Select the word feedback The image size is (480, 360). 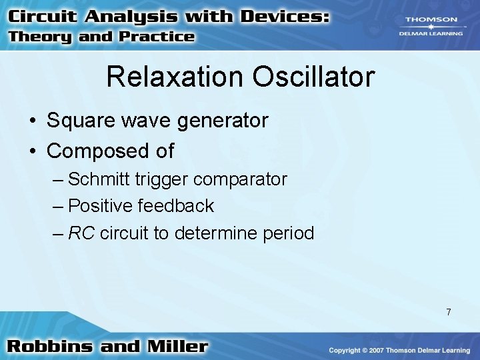[175, 206]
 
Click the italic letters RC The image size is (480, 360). [81, 233]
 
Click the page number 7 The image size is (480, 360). [449, 312]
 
